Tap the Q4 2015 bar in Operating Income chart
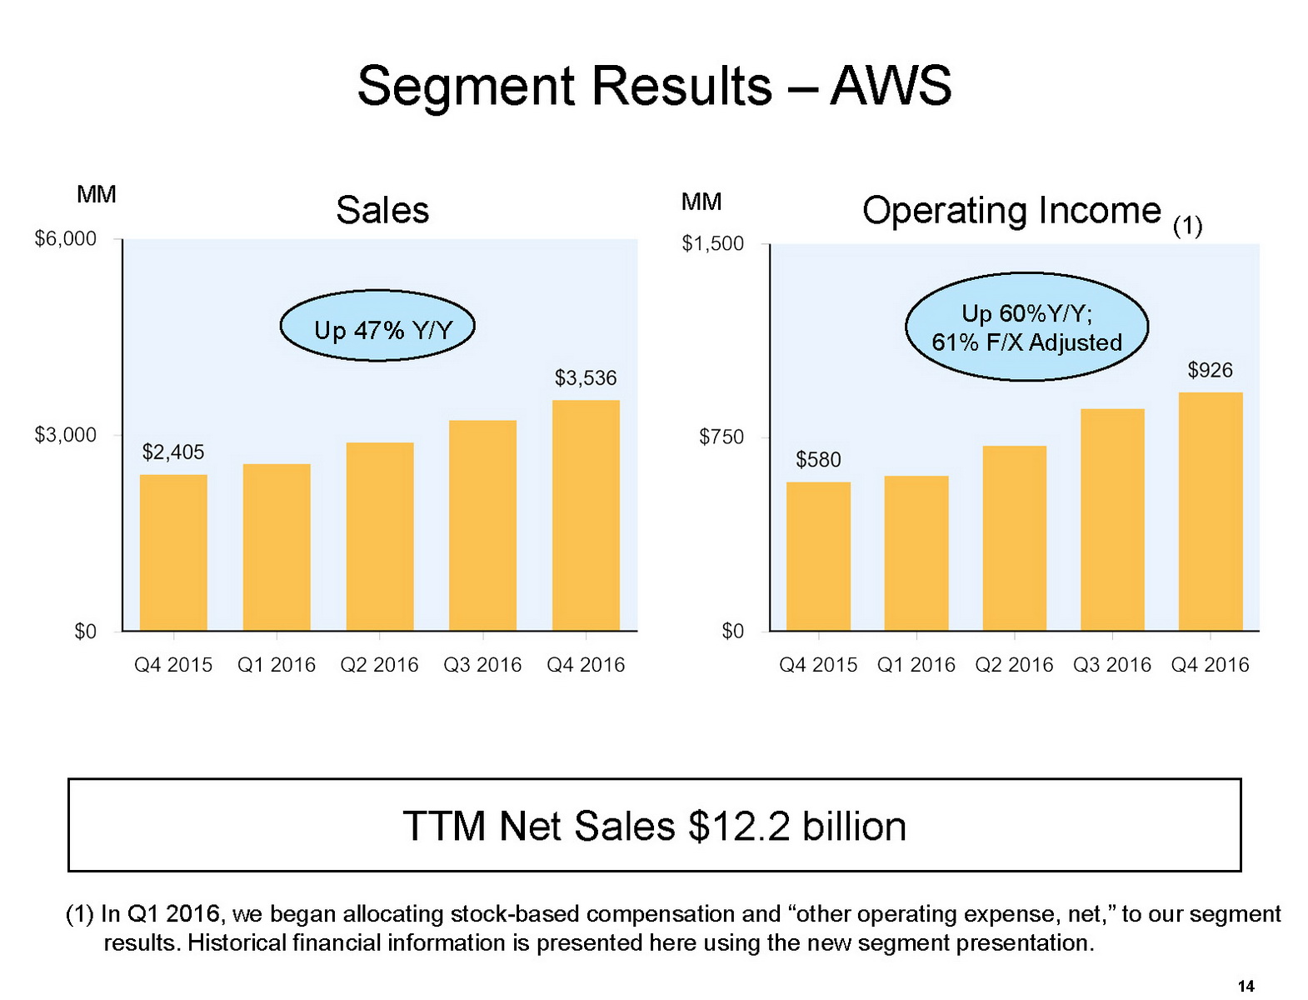[818, 556]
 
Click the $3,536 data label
[586, 378]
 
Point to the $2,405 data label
[173, 452]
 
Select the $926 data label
[1210, 370]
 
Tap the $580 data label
[818, 460]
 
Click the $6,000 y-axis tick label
[66, 239]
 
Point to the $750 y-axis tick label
[721, 437]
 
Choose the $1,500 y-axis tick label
[713, 244]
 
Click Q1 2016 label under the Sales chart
[277, 665]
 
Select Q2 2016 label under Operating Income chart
[1014, 665]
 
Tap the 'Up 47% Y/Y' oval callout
[377, 326]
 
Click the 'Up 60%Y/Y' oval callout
[1026, 327]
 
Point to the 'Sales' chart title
[382, 210]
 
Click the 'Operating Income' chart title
[1011, 211]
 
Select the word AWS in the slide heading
[891, 86]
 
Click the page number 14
[1246, 987]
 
